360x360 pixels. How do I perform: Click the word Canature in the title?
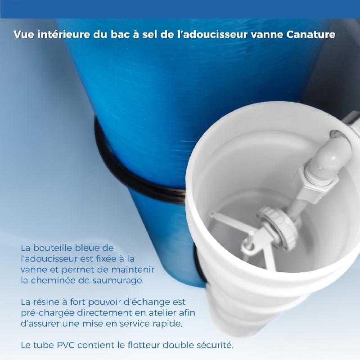311,35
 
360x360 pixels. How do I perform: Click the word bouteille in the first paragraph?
53,248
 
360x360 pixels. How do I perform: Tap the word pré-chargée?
48,313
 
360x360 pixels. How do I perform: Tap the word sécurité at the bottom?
213,345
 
